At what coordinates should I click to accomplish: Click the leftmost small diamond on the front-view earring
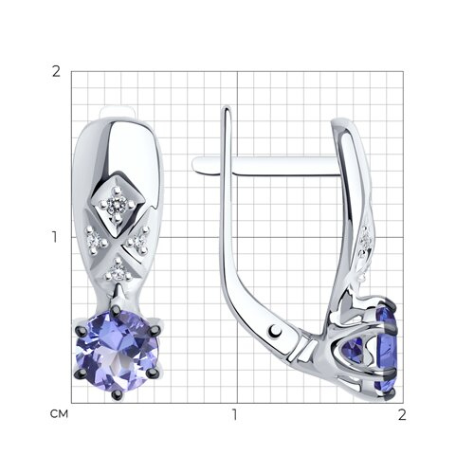click(x=95, y=242)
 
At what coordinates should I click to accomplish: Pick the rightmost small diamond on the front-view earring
click(x=138, y=242)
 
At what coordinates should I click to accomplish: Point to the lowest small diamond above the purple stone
click(x=118, y=271)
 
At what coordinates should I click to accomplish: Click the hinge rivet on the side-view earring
click(x=276, y=331)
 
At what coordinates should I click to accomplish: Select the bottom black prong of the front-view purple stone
click(x=117, y=393)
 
